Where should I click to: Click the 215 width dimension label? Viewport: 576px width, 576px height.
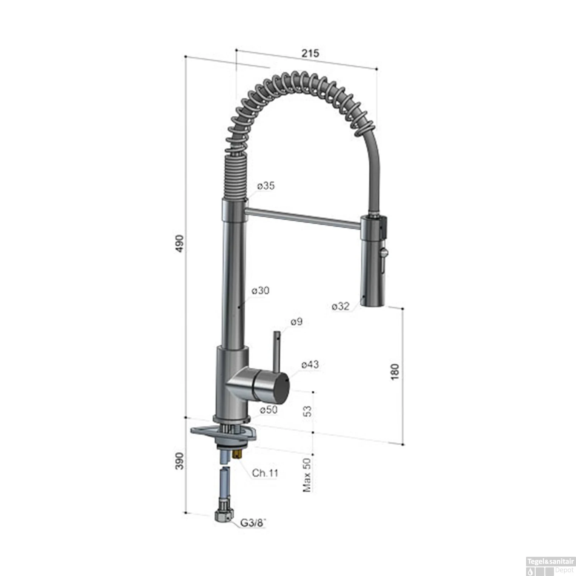(310, 53)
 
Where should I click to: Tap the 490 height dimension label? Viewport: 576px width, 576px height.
(180, 244)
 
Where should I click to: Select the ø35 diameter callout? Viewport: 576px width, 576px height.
(266, 186)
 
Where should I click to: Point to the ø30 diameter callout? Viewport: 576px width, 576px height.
(260, 291)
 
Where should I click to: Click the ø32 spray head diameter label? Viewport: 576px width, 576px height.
(341, 306)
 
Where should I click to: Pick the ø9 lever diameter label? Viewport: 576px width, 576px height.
(296, 322)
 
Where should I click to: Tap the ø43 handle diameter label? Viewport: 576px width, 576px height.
(310, 364)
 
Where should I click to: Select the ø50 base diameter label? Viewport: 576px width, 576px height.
(268, 410)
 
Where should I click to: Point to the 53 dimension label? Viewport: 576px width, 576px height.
(308, 411)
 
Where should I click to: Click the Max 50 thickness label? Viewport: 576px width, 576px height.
(307, 475)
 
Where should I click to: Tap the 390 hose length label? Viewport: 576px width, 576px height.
(180, 461)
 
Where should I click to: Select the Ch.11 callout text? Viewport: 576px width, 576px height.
(265, 473)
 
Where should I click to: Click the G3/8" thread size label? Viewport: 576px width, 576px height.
(253, 523)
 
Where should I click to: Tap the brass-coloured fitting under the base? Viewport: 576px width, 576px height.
(238, 455)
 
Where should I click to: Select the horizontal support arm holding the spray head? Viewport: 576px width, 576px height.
(303, 218)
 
